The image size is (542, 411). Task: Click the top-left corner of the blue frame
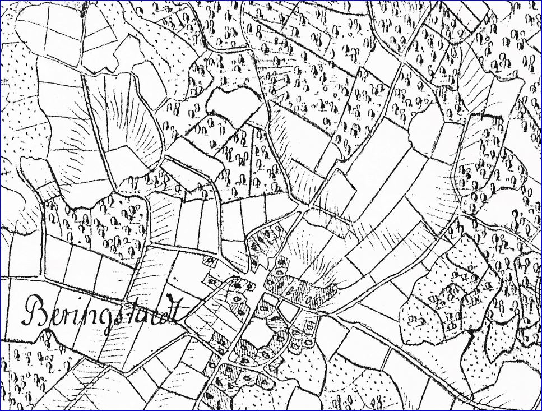tap(2, 2)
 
